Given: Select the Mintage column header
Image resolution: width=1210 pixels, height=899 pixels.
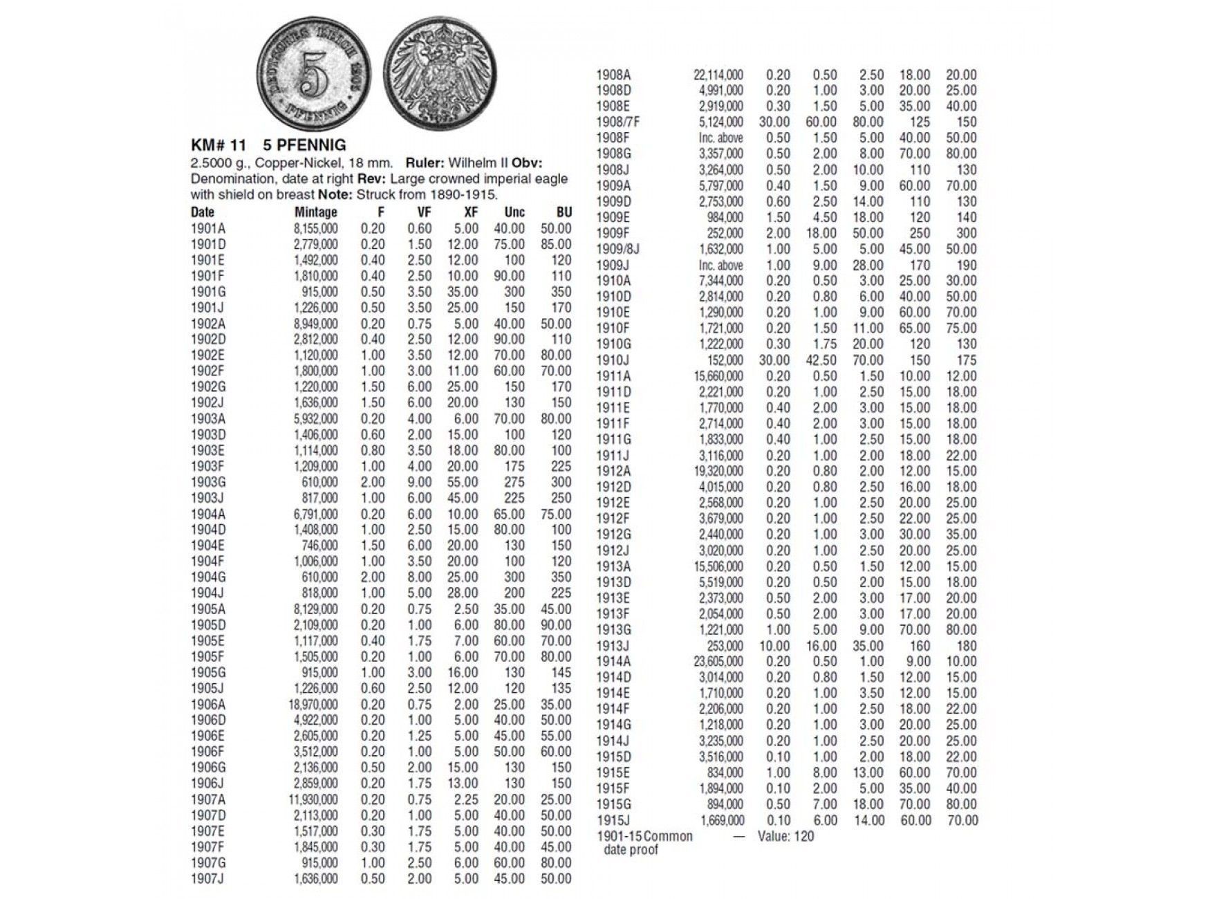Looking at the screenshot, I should click(x=316, y=212).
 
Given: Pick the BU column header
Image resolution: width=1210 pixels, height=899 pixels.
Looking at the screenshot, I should click(x=564, y=212).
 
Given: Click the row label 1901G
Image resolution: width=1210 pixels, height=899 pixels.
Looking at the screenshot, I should click(x=208, y=292).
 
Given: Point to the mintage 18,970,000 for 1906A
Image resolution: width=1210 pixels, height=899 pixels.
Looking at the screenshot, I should click(x=313, y=705).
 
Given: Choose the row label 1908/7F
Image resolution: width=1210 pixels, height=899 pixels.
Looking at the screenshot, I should click(x=618, y=122).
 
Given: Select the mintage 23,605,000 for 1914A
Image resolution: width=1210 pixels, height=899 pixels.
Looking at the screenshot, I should click(x=718, y=662).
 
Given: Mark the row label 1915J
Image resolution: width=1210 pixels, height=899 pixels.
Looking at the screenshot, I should click(x=613, y=820).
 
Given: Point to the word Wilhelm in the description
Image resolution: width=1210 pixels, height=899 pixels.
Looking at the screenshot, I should click(x=472, y=163).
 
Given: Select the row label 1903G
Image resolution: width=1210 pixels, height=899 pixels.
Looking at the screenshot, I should click(x=208, y=482).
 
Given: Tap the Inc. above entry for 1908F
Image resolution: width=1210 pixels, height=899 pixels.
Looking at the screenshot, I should click(x=721, y=138).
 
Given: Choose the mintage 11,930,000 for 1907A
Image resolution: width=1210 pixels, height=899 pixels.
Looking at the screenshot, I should click(x=313, y=800).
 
